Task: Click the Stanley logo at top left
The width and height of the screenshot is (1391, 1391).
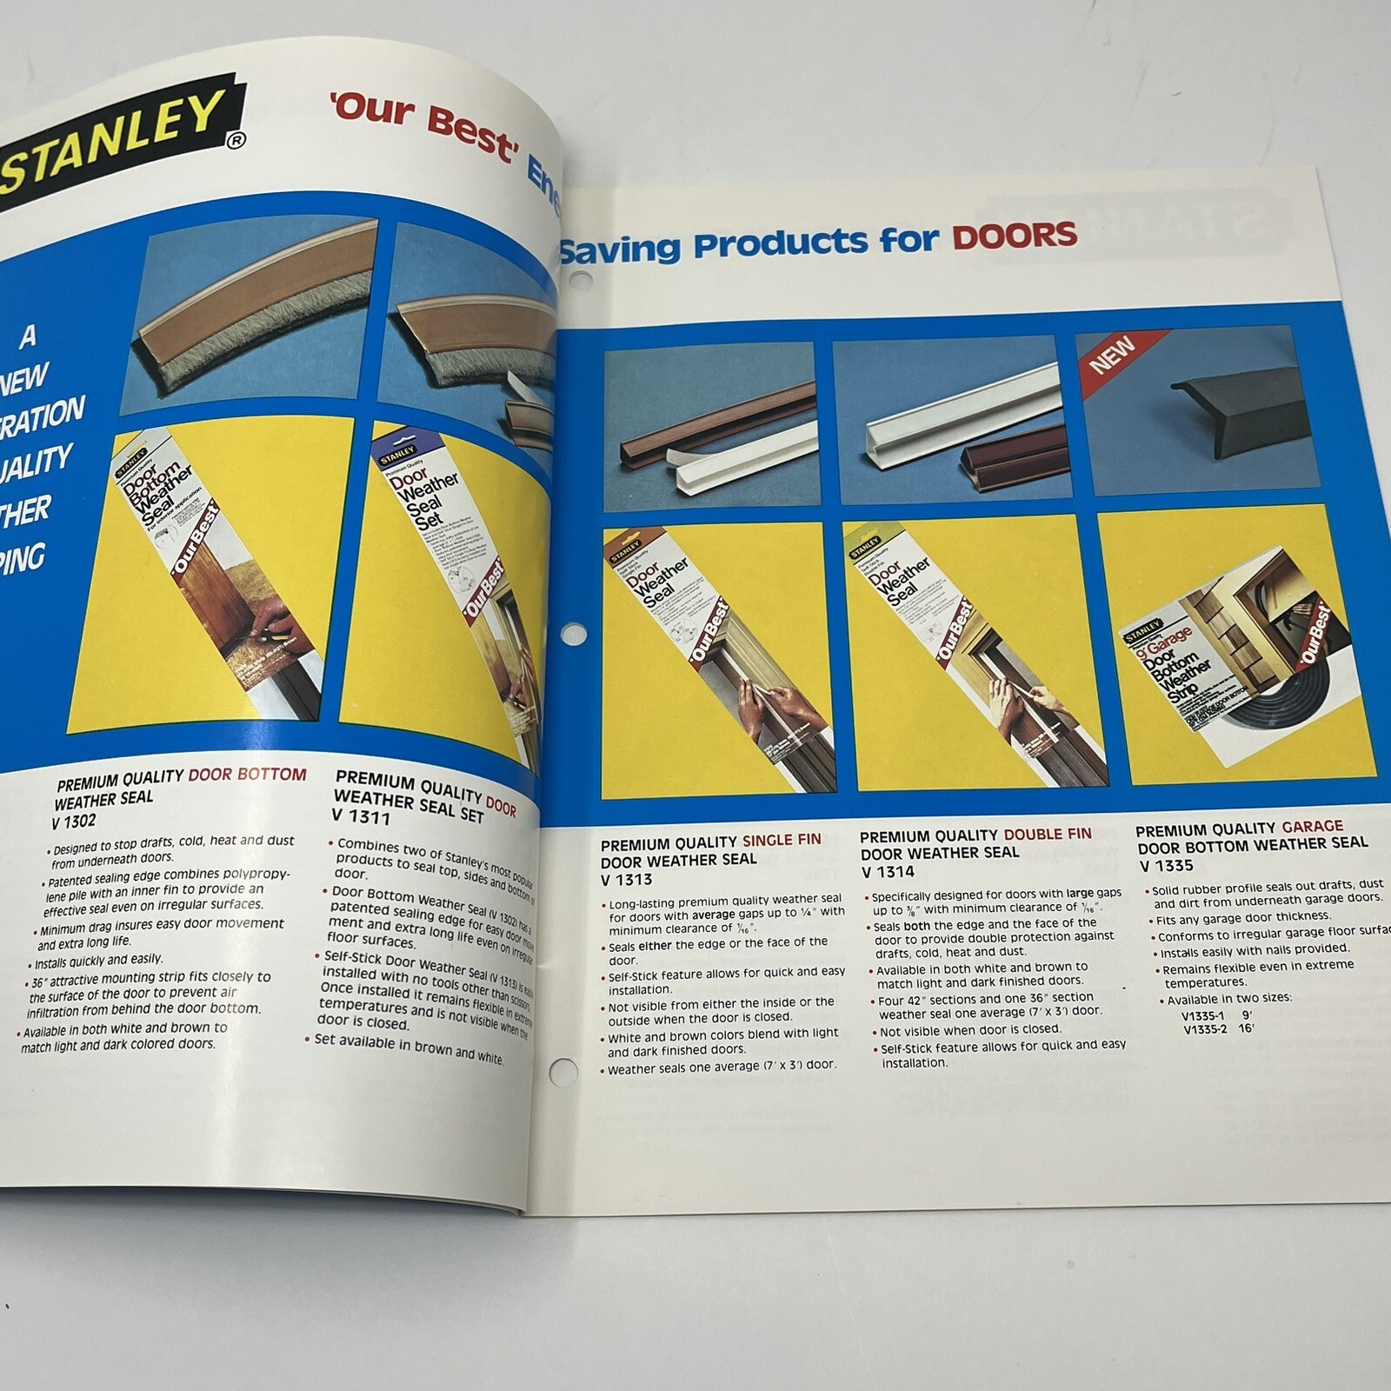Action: (x=113, y=130)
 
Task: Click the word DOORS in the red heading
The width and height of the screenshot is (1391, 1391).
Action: (x=1015, y=235)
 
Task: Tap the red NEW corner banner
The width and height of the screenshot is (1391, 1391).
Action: (x=1113, y=355)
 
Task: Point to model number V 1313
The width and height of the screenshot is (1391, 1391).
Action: (x=626, y=880)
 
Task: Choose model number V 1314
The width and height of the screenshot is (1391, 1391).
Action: (x=887, y=872)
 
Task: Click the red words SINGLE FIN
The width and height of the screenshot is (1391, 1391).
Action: (x=781, y=841)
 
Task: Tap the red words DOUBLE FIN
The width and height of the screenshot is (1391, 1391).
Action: (x=1048, y=834)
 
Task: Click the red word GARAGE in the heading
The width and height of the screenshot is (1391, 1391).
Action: (x=1312, y=827)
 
